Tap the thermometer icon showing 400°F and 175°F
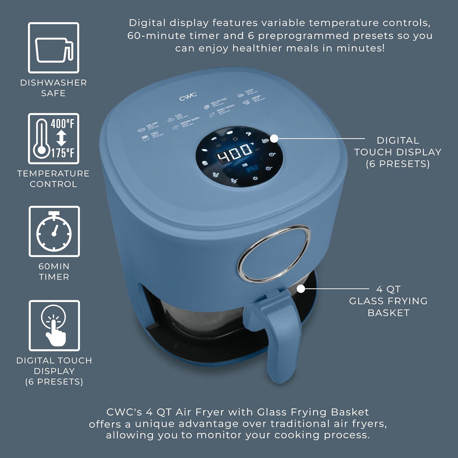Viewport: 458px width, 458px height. [x=54, y=139]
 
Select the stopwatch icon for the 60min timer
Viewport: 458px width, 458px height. [x=54, y=231]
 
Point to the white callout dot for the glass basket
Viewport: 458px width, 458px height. [x=301, y=289]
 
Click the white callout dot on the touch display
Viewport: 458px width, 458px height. [x=274, y=139]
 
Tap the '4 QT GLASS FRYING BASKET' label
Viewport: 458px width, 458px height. [x=388, y=301]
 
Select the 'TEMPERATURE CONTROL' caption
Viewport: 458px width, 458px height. [x=53, y=179]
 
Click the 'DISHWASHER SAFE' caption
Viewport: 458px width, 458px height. [x=53, y=88]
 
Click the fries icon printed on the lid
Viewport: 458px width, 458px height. [x=145, y=138]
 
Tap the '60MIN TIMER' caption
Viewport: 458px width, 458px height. [x=54, y=271]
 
